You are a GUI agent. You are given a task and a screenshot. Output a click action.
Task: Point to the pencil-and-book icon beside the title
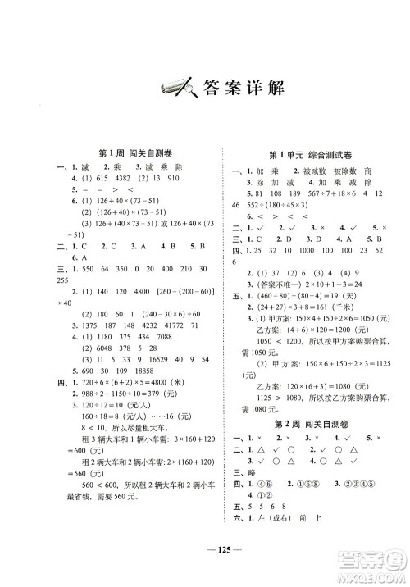point(167,85)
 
